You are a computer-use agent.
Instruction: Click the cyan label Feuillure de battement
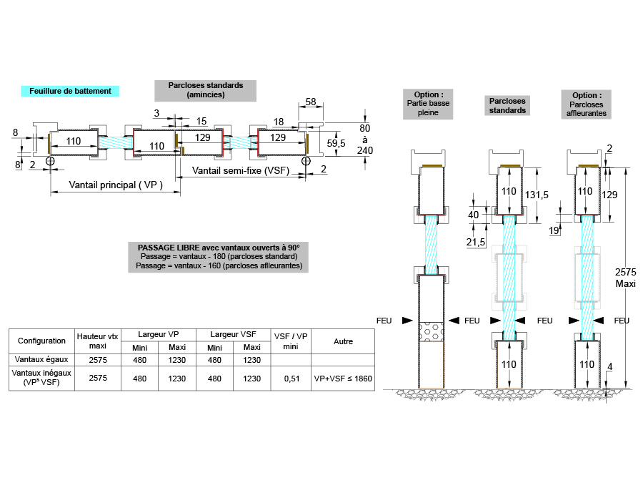point(70,91)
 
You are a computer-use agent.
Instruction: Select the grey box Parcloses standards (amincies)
point(206,89)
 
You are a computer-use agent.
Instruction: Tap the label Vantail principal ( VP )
point(116,185)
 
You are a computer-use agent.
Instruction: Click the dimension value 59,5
point(336,143)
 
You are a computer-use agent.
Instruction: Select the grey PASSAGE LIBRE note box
point(219,256)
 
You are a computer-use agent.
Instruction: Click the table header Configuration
point(41,341)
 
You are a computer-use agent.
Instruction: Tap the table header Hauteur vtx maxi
point(97,341)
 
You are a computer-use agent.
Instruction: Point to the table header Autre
point(344,341)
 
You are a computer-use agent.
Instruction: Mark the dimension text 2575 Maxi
point(625,278)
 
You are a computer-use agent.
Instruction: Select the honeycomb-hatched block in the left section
point(431,331)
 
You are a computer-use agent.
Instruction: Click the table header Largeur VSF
point(233,334)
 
